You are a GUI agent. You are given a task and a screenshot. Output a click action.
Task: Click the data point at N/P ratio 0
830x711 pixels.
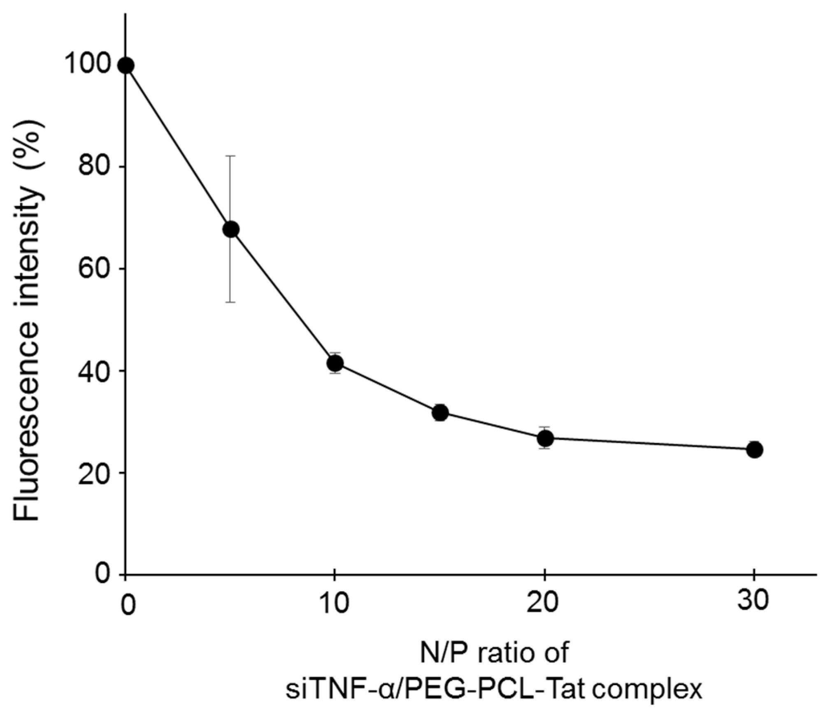pyautogui.click(x=126, y=65)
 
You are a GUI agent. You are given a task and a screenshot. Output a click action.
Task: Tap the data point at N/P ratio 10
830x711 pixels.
pyautogui.click(x=335, y=363)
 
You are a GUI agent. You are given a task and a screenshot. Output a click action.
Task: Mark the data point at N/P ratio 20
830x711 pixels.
pyautogui.click(x=545, y=439)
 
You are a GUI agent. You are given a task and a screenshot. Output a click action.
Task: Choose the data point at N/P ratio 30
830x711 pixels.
pyautogui.click(x=755, y=450)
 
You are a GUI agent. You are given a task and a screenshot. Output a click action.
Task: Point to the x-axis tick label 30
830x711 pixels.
pyautogui.click(x=753, y=602)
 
